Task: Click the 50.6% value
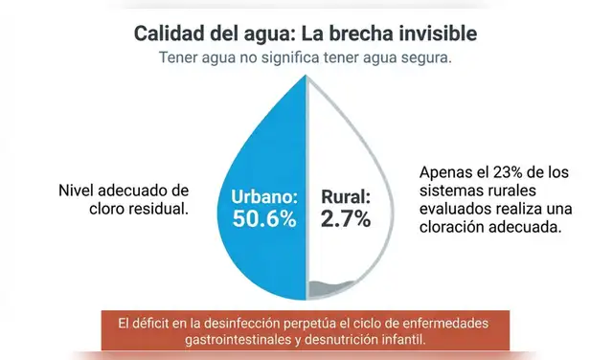point(263,219)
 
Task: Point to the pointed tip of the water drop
point(306,77)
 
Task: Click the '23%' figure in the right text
point(508,174)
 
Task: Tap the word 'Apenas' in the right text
point(445,174)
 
